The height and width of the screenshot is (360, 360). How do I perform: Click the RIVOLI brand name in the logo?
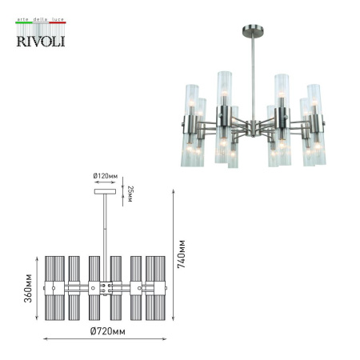coord(41,40)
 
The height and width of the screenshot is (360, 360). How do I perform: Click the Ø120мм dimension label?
coord(105,178)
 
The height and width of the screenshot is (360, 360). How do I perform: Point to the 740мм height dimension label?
coord(182,253)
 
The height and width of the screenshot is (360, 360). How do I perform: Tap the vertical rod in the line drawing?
coord(105,232)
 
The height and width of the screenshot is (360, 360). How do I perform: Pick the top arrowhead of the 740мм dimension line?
coord(174,190)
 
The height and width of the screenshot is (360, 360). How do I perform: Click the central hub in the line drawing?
coord(105,286)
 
